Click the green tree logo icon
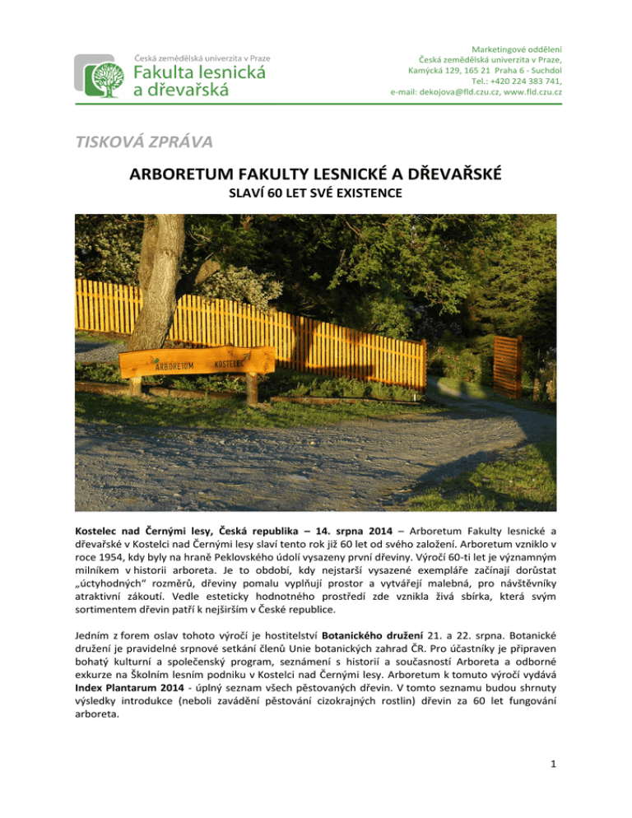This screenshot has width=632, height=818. (x=102, y=77)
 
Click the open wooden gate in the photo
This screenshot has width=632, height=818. (x=508, y=365)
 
